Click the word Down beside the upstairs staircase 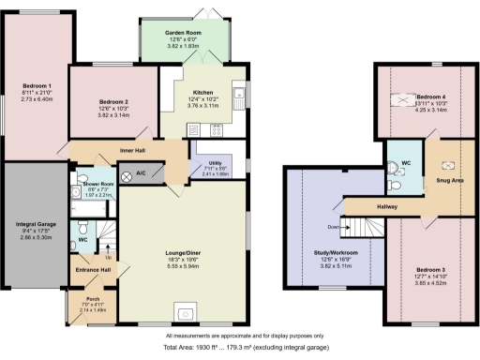[x=333, y=228]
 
